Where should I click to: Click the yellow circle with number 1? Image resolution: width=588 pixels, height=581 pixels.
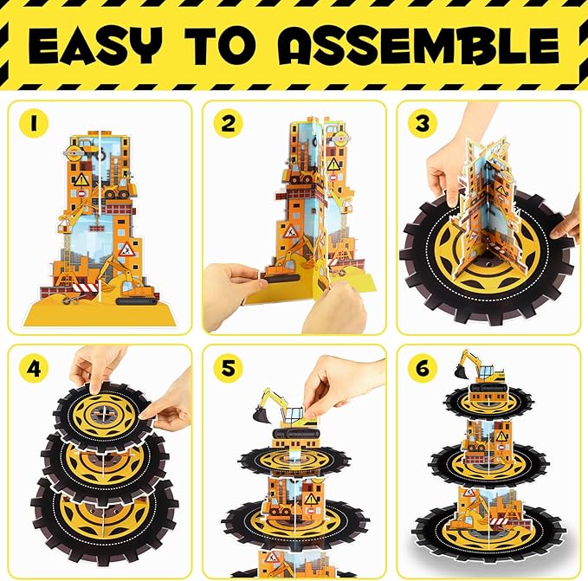tap(34, 123)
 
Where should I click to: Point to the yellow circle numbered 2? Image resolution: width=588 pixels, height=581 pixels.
tap(228, 123)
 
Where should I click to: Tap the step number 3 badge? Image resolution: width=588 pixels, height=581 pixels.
tap(423, 123)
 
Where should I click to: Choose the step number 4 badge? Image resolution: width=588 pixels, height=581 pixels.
tap(34, 368)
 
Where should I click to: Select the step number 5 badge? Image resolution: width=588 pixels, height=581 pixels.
tap(228, 368)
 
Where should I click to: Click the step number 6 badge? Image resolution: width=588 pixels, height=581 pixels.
tap(423, 368)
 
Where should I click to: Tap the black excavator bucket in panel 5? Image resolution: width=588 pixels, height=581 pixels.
tap(262, 413)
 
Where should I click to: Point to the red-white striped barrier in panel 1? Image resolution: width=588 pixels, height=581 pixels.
tap(85, 287)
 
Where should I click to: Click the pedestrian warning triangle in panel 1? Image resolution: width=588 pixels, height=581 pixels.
tap(126, 249)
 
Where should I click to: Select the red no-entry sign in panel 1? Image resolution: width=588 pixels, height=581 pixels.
tap(81, 194)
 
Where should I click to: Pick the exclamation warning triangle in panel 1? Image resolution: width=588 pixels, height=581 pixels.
tap(81, 180)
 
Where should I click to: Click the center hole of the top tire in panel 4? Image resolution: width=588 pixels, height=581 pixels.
tap(104, 413)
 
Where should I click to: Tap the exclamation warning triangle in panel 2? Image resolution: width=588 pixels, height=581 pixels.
tap(333, 165)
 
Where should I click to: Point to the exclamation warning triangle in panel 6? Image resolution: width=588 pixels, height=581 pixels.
tap(501, 436)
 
